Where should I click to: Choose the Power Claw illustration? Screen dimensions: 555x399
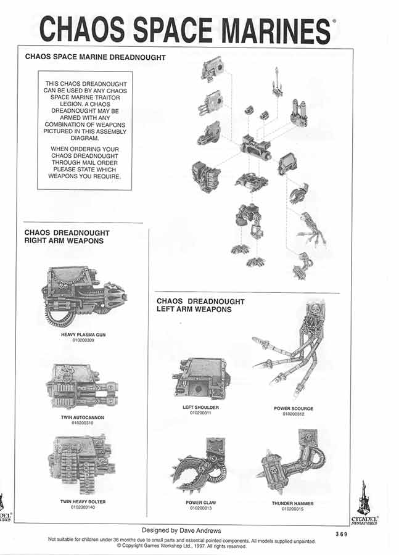point(201,466)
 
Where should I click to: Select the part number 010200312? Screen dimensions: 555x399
point(294,414)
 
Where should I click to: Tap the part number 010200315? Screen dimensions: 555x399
point(293,509)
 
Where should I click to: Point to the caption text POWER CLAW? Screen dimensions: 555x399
point(201,503)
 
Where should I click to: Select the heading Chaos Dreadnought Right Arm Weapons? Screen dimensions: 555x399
point(64,237)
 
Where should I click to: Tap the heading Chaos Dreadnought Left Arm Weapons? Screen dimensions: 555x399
point(200,305)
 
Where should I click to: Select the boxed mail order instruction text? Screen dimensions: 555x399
point(84,131)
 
